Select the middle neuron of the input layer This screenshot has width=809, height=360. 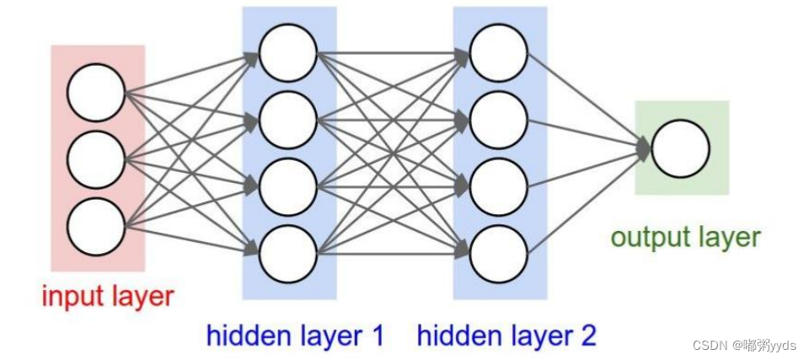pos(96,160)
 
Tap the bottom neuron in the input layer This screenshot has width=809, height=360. pos(96,226)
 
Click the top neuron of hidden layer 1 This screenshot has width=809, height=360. pos(288,53)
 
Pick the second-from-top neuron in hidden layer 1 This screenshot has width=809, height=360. pos(288,120)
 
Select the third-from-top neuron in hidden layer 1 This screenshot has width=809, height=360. pos(288,186)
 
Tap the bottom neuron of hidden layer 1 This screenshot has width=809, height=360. pos(288,252)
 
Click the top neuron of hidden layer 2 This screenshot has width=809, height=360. pos(498,53)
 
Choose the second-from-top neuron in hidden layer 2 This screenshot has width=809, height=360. pos(498,120)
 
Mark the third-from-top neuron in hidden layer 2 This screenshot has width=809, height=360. pos(498,186)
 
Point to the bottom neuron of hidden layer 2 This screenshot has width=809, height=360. pos(498,252)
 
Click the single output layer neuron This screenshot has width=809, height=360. pos(680,149)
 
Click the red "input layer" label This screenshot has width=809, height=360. pos(108,297)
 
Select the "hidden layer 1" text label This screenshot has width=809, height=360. pos(295,336)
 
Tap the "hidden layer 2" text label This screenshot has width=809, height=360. pos(506,336)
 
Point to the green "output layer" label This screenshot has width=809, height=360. pos(685,238)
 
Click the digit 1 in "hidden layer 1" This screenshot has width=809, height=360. pos(376,336)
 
